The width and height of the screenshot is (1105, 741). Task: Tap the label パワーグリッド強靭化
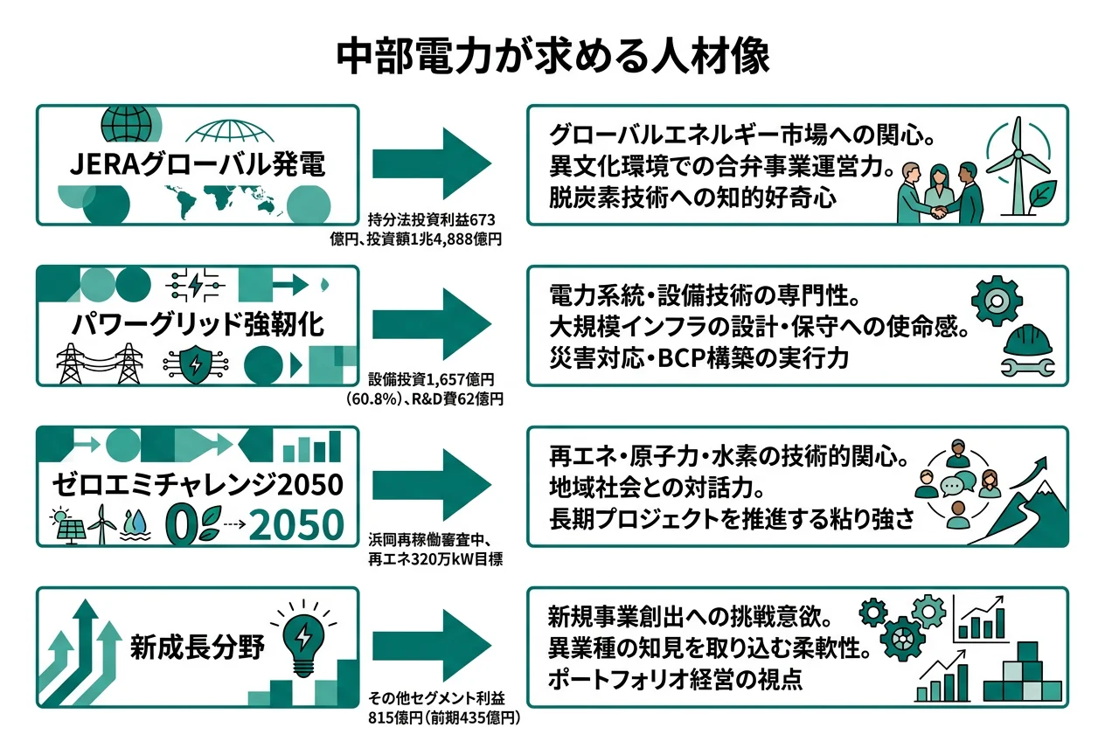tap(197, 324)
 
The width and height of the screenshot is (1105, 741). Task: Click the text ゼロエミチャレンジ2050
tap(197, 484)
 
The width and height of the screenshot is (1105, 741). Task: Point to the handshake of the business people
tap(941, 212)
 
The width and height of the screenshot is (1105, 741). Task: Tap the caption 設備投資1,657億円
tap(432, 381)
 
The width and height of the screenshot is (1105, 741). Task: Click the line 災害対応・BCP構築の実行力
tap(698, 358)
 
